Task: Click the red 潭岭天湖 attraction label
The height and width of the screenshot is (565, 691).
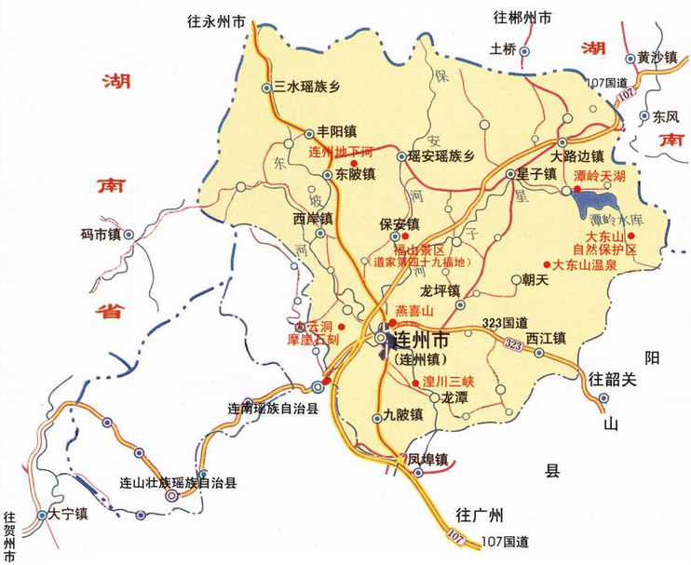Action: tap(605, 175)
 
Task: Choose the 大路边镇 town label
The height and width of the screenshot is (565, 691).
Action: tap(577, 155)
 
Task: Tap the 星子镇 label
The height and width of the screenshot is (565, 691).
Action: tap(537, 174)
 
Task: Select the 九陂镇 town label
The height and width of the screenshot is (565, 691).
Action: tap(403, 415)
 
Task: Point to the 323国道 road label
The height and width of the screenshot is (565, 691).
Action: tap(505, 323)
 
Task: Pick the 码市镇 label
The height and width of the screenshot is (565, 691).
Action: tap(102, 235)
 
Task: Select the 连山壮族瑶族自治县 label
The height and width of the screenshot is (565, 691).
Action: tap(179, 482)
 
